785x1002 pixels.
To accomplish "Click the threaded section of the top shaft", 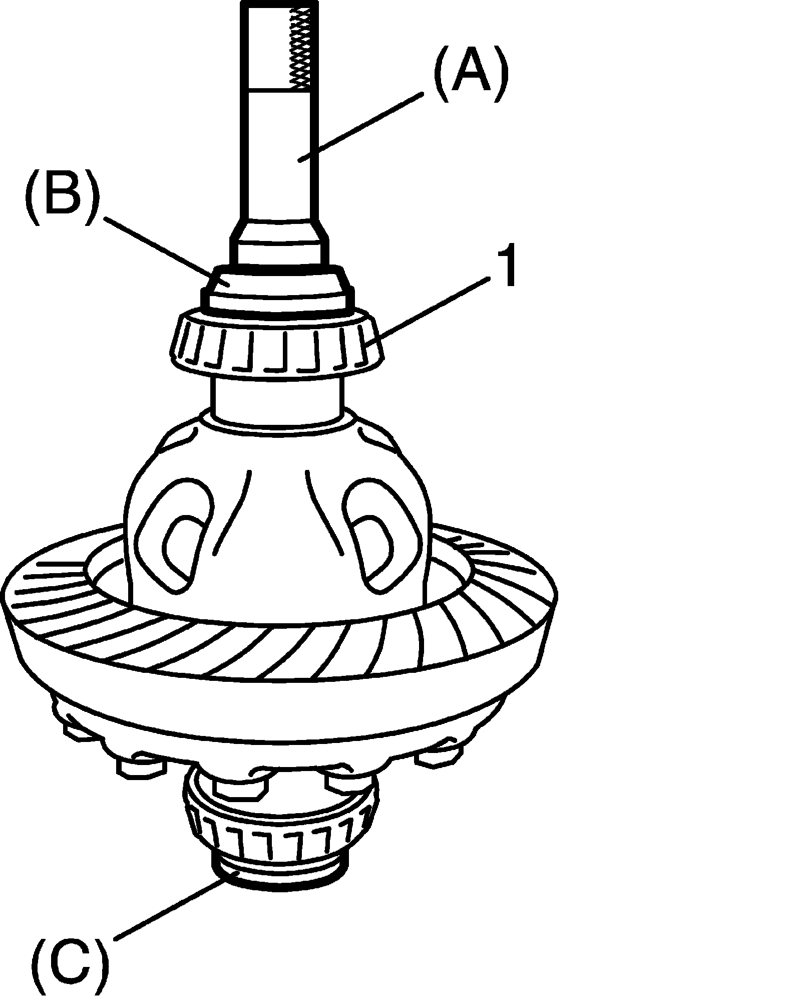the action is coord(302,48).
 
